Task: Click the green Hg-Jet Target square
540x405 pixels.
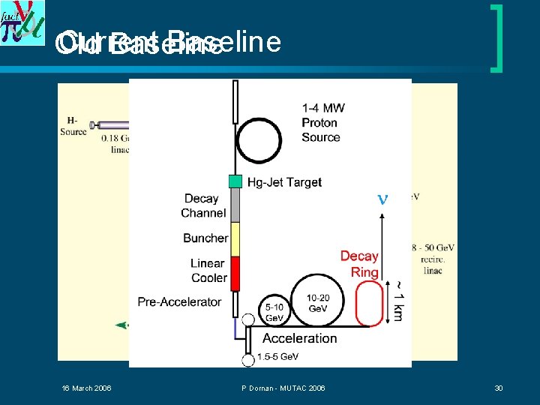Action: click(235, 181)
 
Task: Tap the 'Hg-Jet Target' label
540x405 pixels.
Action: click(285, 182)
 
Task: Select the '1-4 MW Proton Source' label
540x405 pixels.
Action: click(322, 123)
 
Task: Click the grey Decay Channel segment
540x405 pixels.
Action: click(235, 205)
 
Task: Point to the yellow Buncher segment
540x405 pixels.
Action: click(235, 239)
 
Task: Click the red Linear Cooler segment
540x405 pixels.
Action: click(235, 274)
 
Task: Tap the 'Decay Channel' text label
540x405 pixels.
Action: click(202, 205)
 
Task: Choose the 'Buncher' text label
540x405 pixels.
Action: click(205, 238)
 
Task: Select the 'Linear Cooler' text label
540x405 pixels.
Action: click(208, 271)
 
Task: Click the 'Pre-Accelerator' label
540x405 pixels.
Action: click(179, 301)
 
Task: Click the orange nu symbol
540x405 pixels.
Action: click(382, 199)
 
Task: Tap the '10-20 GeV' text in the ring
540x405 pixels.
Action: click(317, 303)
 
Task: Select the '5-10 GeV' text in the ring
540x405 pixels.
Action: click(274, 312)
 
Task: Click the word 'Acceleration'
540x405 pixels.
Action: click(299, 338)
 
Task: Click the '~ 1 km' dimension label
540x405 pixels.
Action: click(398, 300)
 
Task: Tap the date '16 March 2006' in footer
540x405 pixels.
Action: click(86, 388)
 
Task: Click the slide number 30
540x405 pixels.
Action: click(498, 388)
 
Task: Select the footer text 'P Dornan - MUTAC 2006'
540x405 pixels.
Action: click(283, 388)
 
